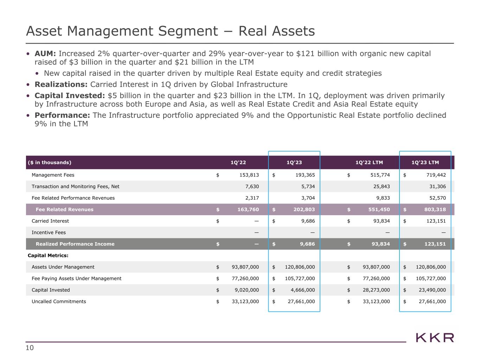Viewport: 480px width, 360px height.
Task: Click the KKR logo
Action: (x=435, y=338)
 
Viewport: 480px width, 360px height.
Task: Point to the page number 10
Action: (x=30, y=348)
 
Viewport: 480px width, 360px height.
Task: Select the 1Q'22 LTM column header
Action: (x=369, y=162)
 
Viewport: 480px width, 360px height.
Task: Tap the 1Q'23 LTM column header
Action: (x=425, y=162)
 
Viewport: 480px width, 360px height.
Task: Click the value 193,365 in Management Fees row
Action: (x=303, y=175)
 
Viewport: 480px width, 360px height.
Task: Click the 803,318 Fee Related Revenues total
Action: (x=435, y=210)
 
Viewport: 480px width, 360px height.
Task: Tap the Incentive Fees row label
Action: (x=49, y=232)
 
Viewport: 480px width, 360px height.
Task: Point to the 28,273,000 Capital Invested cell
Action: (x=376, y=290)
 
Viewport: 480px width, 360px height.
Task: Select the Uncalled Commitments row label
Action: (x=59, y=301)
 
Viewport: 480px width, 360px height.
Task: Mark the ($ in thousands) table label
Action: (x=49, y=162)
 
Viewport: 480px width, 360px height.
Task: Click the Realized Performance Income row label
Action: (x=75, y=244)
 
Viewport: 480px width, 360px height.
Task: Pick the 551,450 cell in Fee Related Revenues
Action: (x=378, y=210)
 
